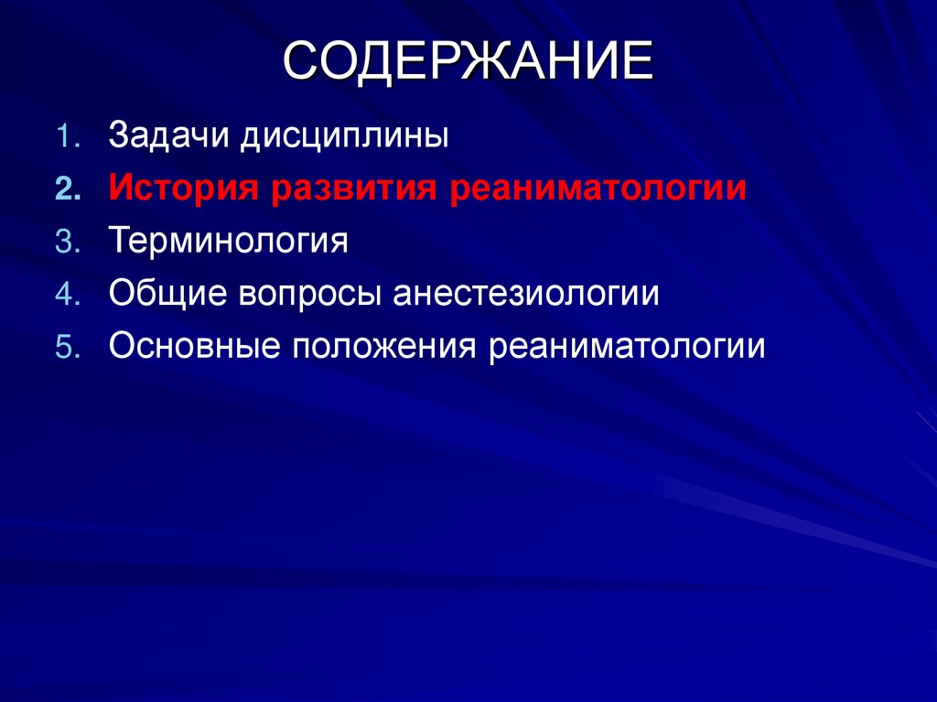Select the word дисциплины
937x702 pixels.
coord(345,138)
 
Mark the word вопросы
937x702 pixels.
coord(310,296)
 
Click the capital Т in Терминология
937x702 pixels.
coord(117,242)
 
